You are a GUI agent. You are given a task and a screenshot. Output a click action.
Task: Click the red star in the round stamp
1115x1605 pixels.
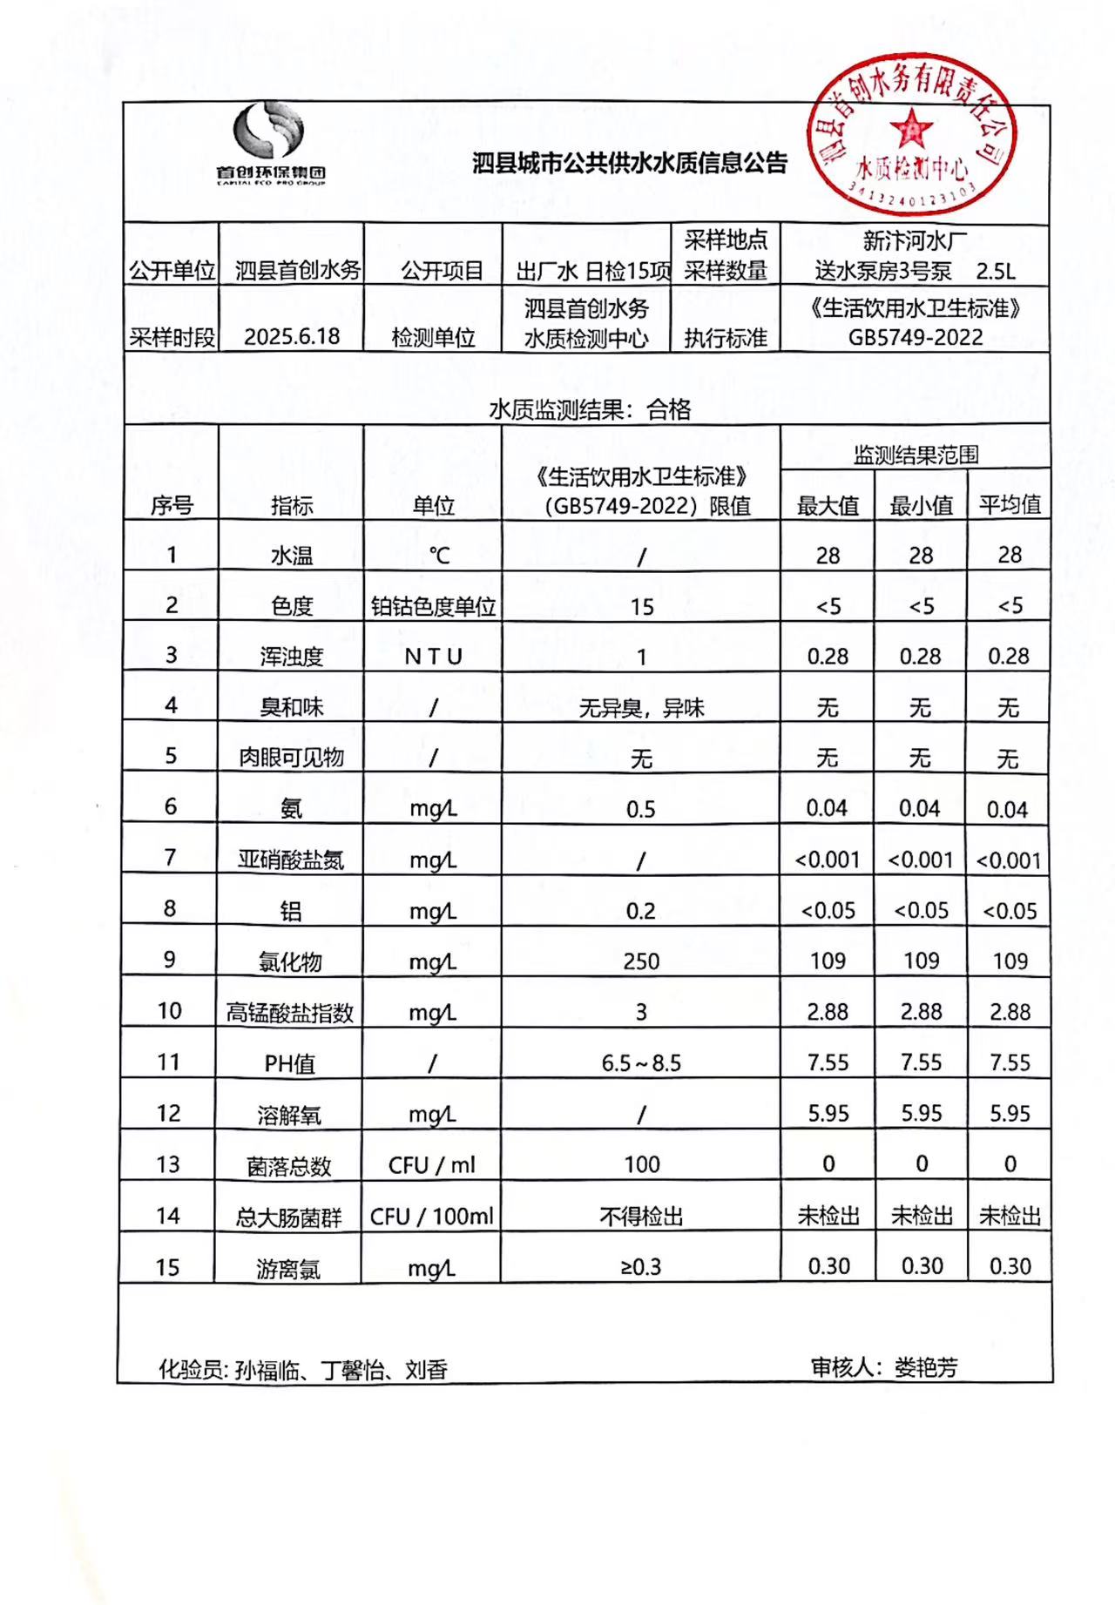click(910, 130)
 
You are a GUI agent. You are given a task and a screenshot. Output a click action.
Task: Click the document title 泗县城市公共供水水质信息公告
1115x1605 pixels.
click(629, 163)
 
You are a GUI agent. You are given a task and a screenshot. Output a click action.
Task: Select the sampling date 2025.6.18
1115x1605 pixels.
click(292, 337)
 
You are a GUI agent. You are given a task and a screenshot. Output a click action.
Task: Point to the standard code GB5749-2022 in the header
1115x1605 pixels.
click(916, 338)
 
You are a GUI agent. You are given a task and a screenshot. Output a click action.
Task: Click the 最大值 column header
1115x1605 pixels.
click(828, 505)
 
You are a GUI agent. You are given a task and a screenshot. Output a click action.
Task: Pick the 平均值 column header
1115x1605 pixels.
click(1010, 505)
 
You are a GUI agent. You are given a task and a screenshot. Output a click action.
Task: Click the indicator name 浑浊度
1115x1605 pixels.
click(292, 657)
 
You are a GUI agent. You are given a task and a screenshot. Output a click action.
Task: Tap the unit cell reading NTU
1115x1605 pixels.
click(433, 657)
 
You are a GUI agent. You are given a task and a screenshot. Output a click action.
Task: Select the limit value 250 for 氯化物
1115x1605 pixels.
click(641, 961)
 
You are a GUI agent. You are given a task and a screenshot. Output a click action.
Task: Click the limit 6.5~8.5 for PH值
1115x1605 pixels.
click(641, 1063)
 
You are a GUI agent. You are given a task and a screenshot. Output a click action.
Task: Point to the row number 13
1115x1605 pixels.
click(168, 1164)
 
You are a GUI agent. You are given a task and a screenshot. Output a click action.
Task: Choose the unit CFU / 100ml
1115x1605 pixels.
click(432, 1217)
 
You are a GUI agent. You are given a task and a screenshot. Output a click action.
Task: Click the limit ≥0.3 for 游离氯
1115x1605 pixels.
click(641, 1267)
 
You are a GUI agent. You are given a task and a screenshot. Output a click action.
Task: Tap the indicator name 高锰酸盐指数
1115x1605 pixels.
click(290, 1013)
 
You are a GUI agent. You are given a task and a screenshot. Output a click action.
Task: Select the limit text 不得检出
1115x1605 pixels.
click(641, 1217)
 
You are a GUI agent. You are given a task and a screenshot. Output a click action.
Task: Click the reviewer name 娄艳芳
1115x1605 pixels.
click(925, 1368)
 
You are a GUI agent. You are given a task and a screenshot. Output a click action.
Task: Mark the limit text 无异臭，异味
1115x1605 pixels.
click(641, 708)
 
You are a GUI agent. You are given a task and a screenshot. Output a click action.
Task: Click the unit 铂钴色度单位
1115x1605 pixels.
click(433, 607)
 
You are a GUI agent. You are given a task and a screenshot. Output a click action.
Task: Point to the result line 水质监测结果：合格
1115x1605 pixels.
click(590, 409)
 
